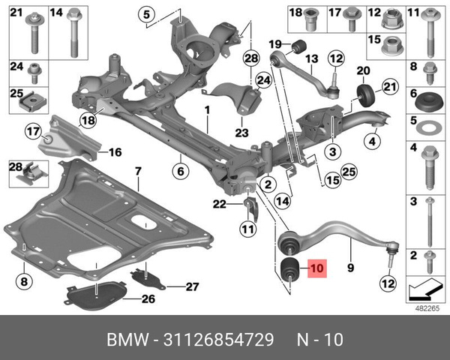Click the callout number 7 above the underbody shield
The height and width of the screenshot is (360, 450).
pyautogui.click(x=138, y=173)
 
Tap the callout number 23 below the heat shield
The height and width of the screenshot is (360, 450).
pyautogui.click(x=241, y=133)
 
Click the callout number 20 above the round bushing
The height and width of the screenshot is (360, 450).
pyautogui.click(x=364, y=71)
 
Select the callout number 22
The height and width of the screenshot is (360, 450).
pyautogui.click(x=218, y=203)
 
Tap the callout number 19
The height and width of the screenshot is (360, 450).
pyautogui.click(x=274, y=43)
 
